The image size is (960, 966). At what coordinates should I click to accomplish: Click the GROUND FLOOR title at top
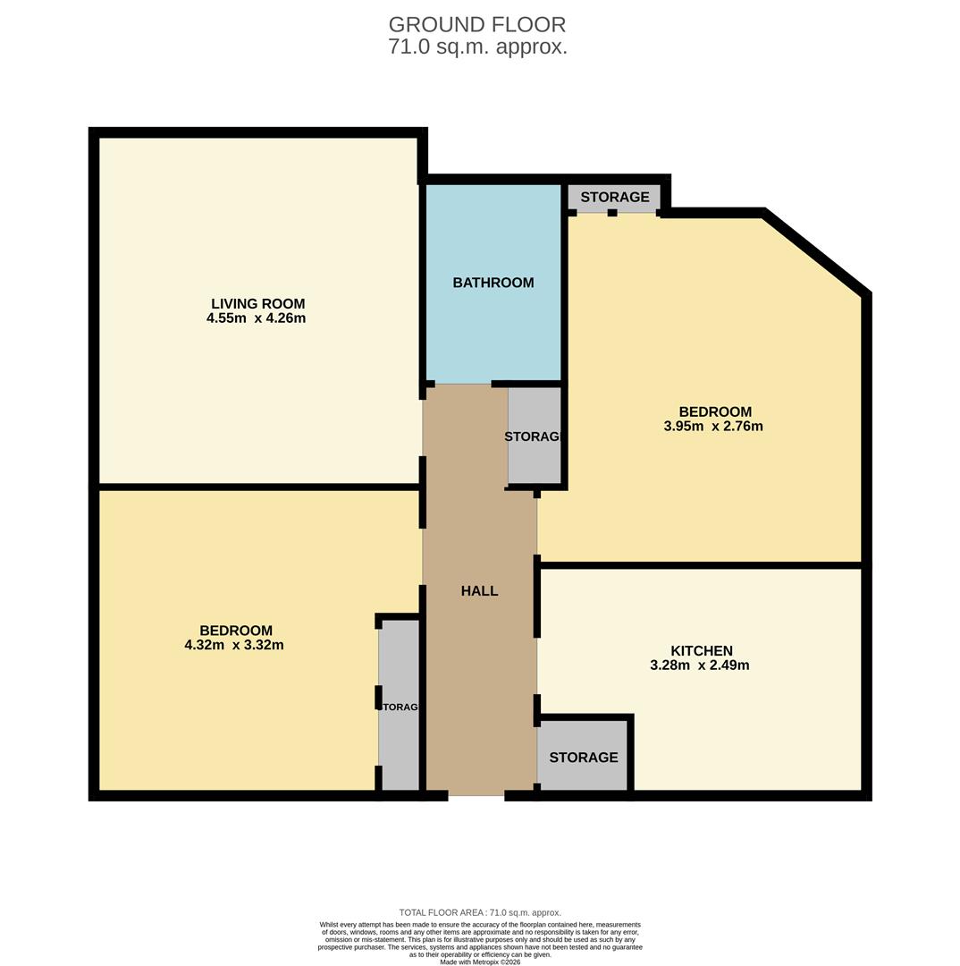(477, 25)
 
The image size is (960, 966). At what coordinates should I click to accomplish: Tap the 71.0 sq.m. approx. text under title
(477, 47)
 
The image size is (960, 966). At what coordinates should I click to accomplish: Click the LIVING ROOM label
(257, 304)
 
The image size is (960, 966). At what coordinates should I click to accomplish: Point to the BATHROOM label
(493, 283)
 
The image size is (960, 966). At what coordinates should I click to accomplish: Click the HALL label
(479, 591)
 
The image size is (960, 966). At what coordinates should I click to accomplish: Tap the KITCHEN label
(702, 651)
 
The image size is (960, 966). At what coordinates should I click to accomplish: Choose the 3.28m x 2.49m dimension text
(699, 665)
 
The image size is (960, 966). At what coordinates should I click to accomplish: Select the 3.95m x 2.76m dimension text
(712, 427)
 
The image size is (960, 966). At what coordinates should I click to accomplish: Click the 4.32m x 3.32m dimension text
(234, 645)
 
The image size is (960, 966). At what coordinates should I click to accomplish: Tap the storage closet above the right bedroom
(614, 198)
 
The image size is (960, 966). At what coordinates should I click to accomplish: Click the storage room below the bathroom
(534, 436)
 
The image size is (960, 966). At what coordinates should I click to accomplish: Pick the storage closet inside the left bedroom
(399, 707)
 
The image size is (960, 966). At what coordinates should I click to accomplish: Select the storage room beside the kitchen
(583, 758)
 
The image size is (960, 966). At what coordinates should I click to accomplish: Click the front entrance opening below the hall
(476, 794)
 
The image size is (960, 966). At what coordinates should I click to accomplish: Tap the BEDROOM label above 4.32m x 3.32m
(236, 631)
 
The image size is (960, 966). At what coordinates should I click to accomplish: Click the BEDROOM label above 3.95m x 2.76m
(715, 412)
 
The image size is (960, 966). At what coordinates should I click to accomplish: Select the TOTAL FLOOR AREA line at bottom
(480, 912)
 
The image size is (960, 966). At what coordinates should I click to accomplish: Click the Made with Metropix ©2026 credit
(480, 962)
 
